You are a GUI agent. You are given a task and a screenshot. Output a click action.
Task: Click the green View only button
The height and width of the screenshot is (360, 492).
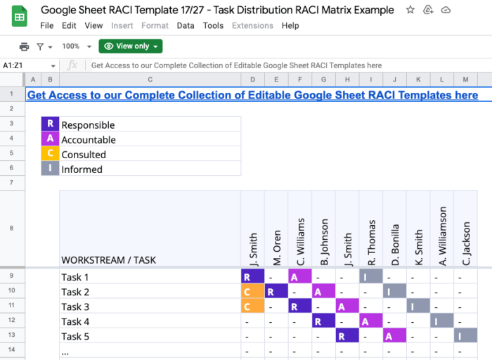131,46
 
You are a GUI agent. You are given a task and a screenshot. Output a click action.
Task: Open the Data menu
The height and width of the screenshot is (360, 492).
186,25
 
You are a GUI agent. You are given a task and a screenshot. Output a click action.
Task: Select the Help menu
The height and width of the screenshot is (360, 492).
290,25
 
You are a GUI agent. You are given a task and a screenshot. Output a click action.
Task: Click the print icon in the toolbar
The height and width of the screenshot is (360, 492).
24,46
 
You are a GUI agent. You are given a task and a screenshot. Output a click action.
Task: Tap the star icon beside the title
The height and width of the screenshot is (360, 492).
410,10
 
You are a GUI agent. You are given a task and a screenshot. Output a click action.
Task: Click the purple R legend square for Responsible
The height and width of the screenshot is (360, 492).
50,124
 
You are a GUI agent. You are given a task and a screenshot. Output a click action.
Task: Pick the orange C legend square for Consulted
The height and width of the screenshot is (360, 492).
50,154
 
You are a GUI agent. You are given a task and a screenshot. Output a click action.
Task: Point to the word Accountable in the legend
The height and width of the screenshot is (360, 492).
89,140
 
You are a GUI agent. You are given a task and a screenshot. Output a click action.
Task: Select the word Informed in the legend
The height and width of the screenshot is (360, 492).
82,169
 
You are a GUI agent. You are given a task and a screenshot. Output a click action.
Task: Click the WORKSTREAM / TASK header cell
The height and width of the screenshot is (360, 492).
108,259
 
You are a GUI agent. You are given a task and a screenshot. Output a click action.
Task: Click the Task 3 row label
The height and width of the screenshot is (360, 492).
75,307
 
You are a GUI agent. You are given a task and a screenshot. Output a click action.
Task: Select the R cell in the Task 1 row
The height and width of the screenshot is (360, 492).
252,277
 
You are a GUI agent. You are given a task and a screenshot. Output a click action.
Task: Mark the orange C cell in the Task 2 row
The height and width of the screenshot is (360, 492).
252,292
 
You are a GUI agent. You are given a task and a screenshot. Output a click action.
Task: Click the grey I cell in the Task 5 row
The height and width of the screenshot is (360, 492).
465,336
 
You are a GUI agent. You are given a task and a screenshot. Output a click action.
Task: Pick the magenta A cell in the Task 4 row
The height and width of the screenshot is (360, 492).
370,321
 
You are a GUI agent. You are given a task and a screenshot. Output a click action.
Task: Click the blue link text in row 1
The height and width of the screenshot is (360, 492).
252,95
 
